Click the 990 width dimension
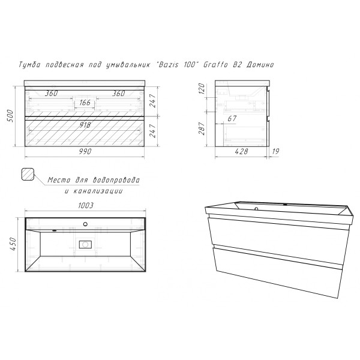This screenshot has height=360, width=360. tap(85, 152)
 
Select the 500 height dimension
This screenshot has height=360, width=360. tap(11, 116)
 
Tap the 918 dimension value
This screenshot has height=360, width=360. tap(85, 125)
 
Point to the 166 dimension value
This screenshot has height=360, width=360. tap(85, 103)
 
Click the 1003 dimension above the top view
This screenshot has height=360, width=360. tap(86, 205)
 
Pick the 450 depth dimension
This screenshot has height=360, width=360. tap(13, 244)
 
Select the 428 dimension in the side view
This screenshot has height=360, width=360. tap(242, 151)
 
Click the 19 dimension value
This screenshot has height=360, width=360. tap(275, 151)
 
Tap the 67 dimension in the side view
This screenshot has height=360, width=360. tap(232, 118)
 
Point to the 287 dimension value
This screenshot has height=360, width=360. tap(202, 128)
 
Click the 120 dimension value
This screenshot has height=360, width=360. tap(202, 89)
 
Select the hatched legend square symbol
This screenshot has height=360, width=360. tap(28, 174)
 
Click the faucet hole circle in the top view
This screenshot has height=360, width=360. tap(85, 224)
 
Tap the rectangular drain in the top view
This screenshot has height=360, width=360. tap(85, 245)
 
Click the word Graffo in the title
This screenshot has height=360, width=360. tap(215, 65)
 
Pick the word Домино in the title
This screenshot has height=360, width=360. tap(260, 65)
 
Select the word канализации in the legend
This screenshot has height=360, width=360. tap(98, 191)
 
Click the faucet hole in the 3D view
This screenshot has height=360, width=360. tap(256, 209)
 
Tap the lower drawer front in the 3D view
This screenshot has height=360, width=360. tap(277, 271)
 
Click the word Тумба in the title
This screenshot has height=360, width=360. tap(29, 65)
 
